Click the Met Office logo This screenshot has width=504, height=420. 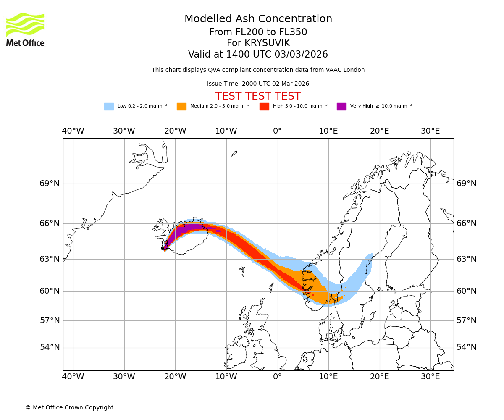coord(25,29)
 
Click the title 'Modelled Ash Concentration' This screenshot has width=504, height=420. coord(258,19)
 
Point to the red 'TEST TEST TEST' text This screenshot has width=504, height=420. coord(258,96)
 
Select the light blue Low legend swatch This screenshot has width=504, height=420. coord(109,106)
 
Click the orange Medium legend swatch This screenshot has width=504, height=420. coord(181,106)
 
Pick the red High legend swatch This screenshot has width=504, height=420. coord(264,106)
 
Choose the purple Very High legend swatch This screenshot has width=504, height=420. coord(341,106)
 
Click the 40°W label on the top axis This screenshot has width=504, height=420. coord(73,131)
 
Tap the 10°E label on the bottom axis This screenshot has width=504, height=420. coord(328,377)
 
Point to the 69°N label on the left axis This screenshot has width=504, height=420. coord(50,184)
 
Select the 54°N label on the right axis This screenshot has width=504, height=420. coord(467,347)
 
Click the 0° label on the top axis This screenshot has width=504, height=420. coord(277,131)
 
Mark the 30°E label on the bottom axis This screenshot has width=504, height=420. coord(430,377)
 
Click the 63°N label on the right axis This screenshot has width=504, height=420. coord(467,259)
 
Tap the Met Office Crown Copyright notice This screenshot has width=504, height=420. coord(69,407)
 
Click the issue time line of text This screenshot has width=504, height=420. coord(258,84)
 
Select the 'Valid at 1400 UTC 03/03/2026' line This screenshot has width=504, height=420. coord(258,54)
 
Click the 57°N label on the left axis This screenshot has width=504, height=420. coord(50,320)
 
